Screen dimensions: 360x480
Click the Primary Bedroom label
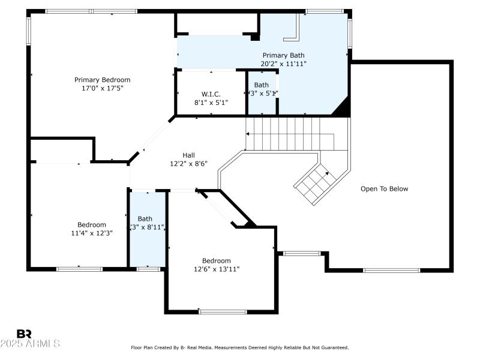(102, 80)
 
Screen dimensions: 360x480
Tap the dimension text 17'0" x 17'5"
(102, 88)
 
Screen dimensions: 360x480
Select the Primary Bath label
(283, 55)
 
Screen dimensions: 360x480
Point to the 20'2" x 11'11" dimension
(283, 64)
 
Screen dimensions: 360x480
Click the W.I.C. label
(211, 94)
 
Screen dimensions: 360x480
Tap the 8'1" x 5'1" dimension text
(211, 103)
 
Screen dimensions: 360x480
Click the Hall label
(188, 155)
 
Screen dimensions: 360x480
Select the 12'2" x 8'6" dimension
(188, 163)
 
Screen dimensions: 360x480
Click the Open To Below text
(384, 189)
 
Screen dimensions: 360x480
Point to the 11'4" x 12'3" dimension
(92, 233)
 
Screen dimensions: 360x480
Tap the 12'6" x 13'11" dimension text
(216, 269)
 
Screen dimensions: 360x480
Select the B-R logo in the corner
(24, 334)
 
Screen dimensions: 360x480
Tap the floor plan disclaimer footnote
(240, 347)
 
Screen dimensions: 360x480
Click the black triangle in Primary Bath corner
(342, 109)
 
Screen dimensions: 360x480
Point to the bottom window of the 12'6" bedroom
(223, 311)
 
